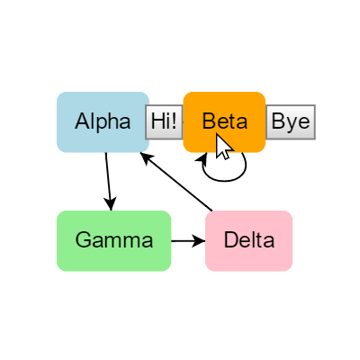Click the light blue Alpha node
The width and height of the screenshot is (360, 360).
point(103,122)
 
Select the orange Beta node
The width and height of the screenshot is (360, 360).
point(224,122)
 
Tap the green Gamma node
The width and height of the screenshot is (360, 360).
point(114,241)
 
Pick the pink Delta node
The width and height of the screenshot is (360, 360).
point(249,241)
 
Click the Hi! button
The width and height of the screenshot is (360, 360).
point(164,122)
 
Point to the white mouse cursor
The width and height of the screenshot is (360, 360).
point(223,147)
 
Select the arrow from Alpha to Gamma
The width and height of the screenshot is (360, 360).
point(108,182)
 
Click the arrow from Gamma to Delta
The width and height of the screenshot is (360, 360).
point(188,241)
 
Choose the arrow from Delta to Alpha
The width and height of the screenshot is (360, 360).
point(176,182)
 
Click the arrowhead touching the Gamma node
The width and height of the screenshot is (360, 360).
point(111,204)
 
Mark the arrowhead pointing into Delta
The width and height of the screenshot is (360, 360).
point(199,241)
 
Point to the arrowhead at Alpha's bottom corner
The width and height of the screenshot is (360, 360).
point(146,157)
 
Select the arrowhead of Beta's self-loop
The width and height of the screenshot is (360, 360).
point(202,159)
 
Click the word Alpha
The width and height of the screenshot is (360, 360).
point(103,121)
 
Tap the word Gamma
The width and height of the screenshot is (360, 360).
point(114,240)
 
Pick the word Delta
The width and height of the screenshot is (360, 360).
point(249,240)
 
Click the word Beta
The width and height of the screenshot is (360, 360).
point(225,121)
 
